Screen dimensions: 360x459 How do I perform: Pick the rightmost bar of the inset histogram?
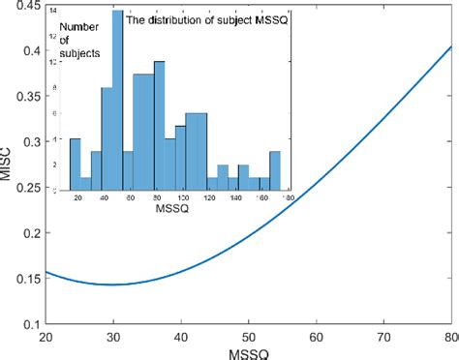pyautogui.click(x=275, y=170)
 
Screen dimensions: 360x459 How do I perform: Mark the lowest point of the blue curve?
pyautogui.click(x=113, y=285)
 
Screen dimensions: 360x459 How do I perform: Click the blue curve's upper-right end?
pyautogui.click(x=451, y=45)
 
